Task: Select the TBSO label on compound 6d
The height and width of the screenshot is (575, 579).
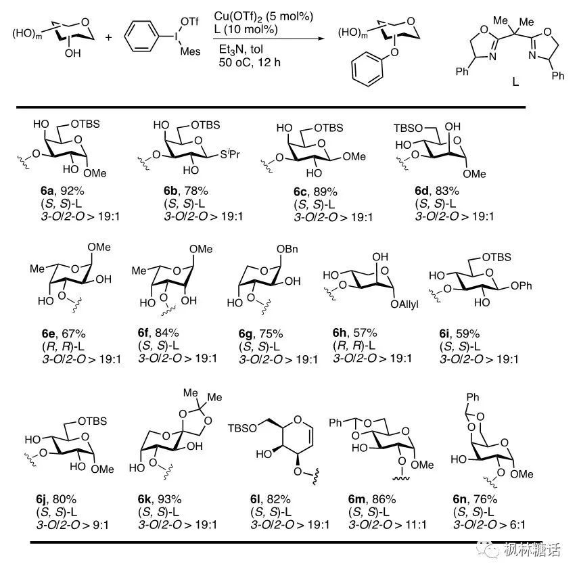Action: tap(405, 127)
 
